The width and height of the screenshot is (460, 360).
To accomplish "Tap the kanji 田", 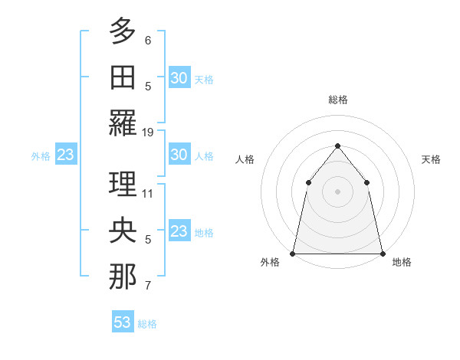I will pyautogui.click(x=123, y=77).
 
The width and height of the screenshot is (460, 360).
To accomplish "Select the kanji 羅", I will pyautogui.click(x=123, y=123).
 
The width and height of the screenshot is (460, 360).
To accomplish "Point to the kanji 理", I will pyautogui.click(x=123, y=184).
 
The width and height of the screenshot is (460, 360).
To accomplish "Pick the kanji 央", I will pyautogui.click(x=123, y=230).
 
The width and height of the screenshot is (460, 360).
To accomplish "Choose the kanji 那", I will pyautogui.click(x=123, y=277).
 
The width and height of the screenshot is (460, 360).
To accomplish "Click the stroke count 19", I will pyautogui.click(x=148, y=132).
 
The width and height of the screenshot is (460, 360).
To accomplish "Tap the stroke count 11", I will pyautogui.click(x=148, y=193).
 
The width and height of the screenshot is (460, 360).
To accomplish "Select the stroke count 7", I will pyautogui.click(x=148, y=286).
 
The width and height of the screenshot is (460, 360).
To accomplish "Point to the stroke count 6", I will pyautogui.click(x=148, y=40).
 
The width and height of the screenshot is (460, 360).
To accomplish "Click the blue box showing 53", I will pyautogui.click(x=123, y=322).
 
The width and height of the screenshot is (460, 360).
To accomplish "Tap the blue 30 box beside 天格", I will pyautogui.click(x=179, y=78).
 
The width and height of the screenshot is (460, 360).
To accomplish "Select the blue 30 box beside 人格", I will pyautogui.click(x=179, y=155).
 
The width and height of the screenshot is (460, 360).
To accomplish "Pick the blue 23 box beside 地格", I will pyautogui.click(x=179, y=231).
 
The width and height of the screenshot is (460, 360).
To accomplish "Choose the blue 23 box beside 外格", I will pyautogui.click(x=65, y=155).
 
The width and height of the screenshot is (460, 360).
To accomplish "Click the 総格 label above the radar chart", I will pyautogui.click(x=337, y=100).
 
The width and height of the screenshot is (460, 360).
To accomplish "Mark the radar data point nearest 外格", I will pyautogui.click(x=293, y=253).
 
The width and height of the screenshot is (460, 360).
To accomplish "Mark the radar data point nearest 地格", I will pyautogui.click(x=382, y=253).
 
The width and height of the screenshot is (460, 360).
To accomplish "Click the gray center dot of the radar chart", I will pyautogui.click(x=337, y=191).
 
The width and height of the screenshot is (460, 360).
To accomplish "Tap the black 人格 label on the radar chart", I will pyautogui.click(x=245, y=159).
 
